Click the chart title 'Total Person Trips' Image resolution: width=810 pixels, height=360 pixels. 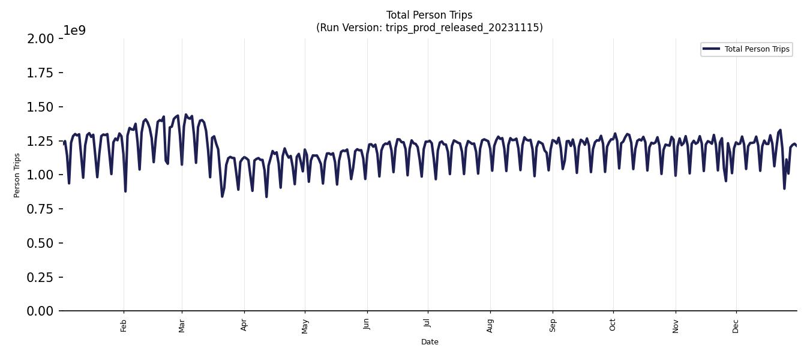429,15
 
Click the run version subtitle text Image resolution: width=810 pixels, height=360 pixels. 429,28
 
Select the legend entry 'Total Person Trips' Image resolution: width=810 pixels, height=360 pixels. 757,49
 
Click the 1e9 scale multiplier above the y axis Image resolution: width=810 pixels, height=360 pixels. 74,31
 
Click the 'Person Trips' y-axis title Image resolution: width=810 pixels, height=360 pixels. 17,175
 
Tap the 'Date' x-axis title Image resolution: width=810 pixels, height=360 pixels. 430,342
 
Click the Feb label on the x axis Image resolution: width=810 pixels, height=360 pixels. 124,326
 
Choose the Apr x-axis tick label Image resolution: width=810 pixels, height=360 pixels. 244,326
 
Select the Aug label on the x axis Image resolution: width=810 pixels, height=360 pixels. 490,326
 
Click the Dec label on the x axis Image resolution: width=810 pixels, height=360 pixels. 736,326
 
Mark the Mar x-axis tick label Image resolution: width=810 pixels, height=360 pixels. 182,326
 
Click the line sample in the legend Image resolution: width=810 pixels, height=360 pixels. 712,49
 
